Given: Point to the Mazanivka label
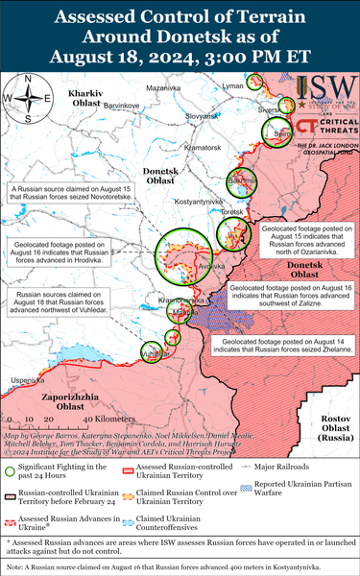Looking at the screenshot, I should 164,87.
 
